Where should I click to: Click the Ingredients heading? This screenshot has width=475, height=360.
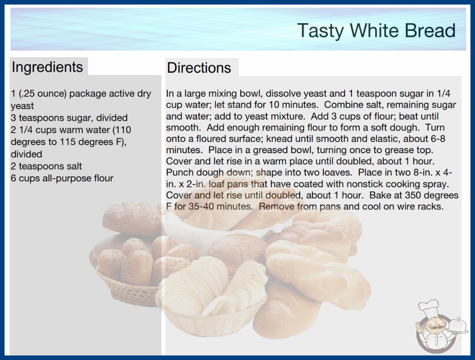click(x=47, y=67)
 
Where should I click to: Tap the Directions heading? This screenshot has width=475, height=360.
click(x=199, y=68)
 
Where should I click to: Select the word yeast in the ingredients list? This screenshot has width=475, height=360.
click(x=22, y=106)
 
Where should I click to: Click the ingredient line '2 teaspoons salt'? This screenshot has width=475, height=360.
click(x=46, y=166)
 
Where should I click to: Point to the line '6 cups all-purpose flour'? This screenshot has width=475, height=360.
click(x=62, y=178)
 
